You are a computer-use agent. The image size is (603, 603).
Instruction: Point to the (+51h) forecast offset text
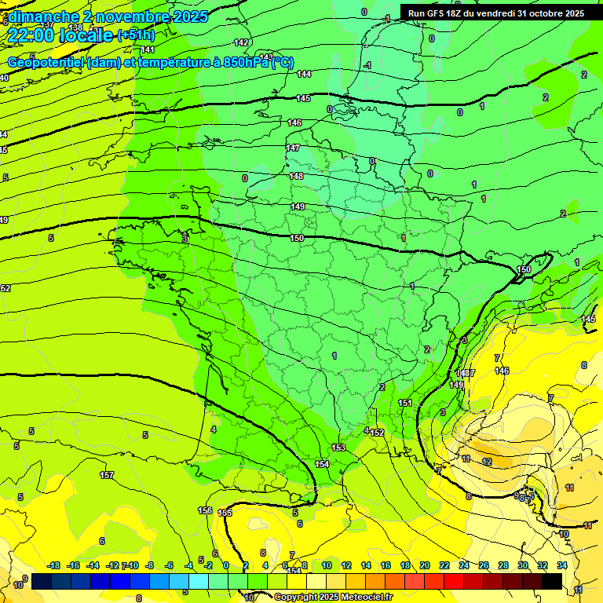coord(136,35)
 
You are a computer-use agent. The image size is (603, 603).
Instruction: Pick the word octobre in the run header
coord(535,13)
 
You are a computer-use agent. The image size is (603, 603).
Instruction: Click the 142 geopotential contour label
coord(242,42)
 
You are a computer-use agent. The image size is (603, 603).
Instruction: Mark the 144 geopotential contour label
coord(305,74)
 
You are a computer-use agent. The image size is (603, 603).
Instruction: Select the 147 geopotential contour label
coord(293,148)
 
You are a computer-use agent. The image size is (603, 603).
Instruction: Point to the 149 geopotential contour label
coord(298,206)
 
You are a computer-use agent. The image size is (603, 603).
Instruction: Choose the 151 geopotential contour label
coord(405,403)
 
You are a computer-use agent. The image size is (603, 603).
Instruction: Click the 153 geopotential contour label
coord(338,448)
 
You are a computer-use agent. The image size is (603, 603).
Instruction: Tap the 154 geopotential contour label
coord(322,464)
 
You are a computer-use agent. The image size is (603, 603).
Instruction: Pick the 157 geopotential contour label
coord(107,475)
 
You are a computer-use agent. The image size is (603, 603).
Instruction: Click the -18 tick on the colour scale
coord(54,565)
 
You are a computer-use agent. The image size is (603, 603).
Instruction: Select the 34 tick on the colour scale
coord(561,565)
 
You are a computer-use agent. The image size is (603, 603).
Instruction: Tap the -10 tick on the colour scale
coord(133,565)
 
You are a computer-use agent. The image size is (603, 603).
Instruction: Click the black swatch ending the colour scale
coord(552,581)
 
